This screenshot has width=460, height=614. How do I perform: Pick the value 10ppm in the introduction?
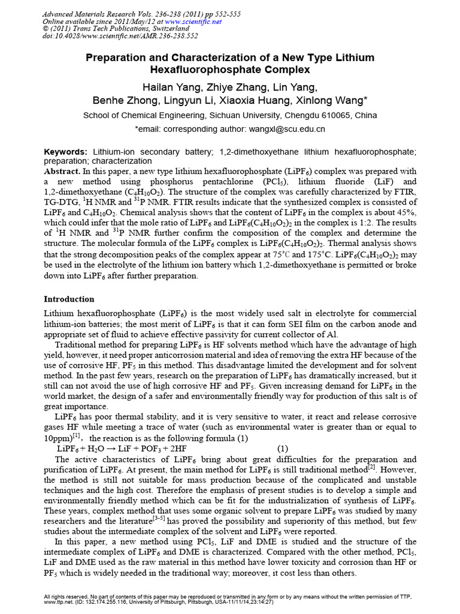[60, 437]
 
